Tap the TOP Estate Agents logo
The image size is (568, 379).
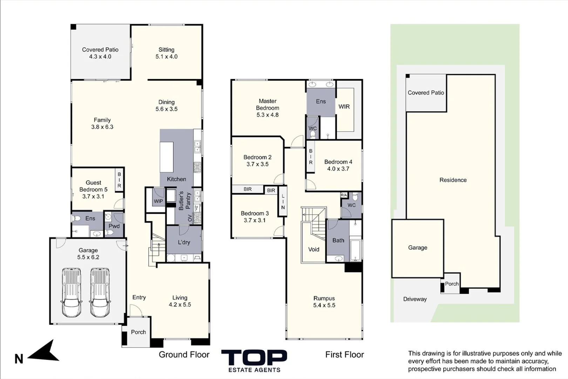[254, 361]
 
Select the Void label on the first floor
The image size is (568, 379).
[314, 249]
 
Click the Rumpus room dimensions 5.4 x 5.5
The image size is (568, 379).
[324, 305]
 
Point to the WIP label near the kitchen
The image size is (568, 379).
[158, 201]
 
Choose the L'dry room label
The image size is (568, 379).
[184, 242]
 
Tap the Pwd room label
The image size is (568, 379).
[114, 226]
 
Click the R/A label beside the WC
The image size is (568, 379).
[344, 195]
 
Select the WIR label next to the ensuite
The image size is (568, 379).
[344, 107]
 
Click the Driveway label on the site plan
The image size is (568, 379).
[415, 299]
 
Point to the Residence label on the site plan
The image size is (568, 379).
[453, 180]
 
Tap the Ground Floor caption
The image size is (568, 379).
[184, 355]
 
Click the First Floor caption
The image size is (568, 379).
[345, 355]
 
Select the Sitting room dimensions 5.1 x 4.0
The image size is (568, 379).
[167, 56]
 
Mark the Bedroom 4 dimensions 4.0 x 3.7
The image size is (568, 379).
[338, 168]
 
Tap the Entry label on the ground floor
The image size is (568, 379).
[139, 297]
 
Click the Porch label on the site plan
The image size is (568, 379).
[452, 284]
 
